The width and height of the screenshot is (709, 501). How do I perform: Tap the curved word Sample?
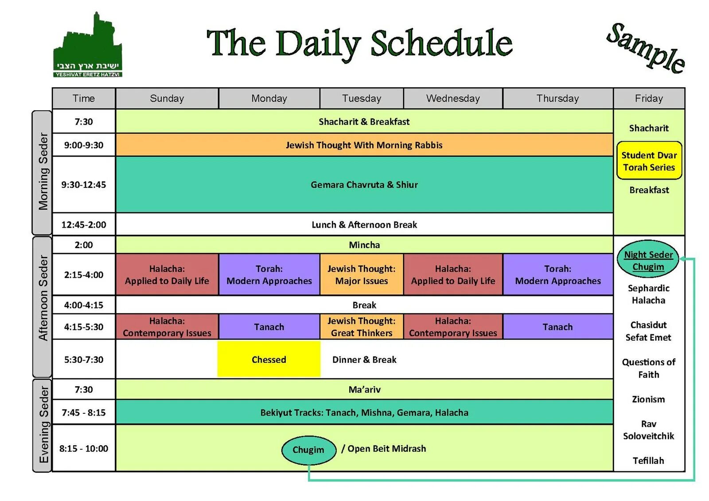(x=646, y=48)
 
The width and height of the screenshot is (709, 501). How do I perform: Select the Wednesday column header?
(x=453, y=98)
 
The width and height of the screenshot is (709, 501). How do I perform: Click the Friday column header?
(x=649, y=98)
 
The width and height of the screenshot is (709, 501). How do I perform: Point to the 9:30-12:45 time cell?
(x=84, y=185)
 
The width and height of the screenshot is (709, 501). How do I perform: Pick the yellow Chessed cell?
(x=269, y=359)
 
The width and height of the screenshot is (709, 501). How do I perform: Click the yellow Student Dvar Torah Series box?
(x=649, y=161)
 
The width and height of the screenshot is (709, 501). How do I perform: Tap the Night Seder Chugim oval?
(x=648, y=260)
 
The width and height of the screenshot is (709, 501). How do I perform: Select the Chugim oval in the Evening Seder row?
(x=308, y=450)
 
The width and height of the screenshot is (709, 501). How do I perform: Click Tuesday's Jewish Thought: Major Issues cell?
(x=361, y=275)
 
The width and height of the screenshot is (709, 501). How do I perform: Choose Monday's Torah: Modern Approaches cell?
(x=269, y=275)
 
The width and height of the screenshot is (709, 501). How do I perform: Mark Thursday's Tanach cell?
(x=557, y=327)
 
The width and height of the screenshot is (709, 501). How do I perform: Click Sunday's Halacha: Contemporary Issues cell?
(x=167, y=327)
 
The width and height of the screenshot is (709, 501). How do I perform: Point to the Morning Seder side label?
(x=43, y=172)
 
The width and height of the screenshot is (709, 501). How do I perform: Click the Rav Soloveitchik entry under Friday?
(x=648, y=430)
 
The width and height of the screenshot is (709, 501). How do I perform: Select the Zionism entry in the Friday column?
(x=648, y=399)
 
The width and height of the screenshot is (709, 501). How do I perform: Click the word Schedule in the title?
(x=441, y=43)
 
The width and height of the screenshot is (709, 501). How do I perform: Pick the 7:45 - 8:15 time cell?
(x=84, y=412)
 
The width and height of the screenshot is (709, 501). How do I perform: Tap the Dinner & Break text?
(x=364, y=360)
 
